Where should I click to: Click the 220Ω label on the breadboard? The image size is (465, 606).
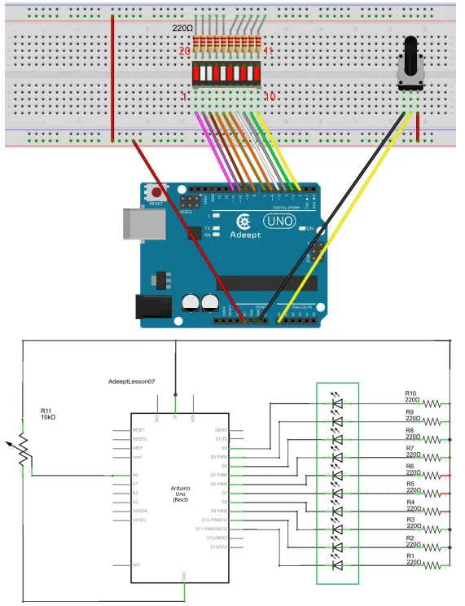(182, 29)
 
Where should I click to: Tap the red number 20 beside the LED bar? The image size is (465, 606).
(184, 50)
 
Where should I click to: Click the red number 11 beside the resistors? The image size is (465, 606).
(268, 50)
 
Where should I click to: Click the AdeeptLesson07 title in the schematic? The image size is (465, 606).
(143, 381)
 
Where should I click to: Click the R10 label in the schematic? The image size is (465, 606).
(410, 393)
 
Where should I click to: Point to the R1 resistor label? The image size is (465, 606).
(410, 555)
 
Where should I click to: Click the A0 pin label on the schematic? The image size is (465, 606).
(136, 475)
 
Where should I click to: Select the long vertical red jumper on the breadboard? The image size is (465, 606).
(112, 77)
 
